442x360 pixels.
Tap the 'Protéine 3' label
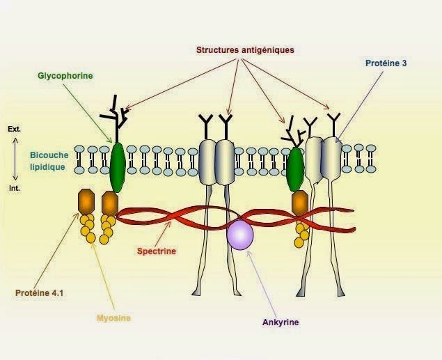pos(386,63)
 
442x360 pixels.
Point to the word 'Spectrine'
pos(157,251)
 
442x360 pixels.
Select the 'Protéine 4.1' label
pos(40,292)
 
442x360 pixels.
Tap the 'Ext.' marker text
pos(15,130)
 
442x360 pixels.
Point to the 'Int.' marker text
pos(15,187)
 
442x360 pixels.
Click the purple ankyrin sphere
pos(240,233)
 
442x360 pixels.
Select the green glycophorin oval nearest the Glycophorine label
pos(118,167)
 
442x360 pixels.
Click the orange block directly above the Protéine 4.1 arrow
pos(86,201)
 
